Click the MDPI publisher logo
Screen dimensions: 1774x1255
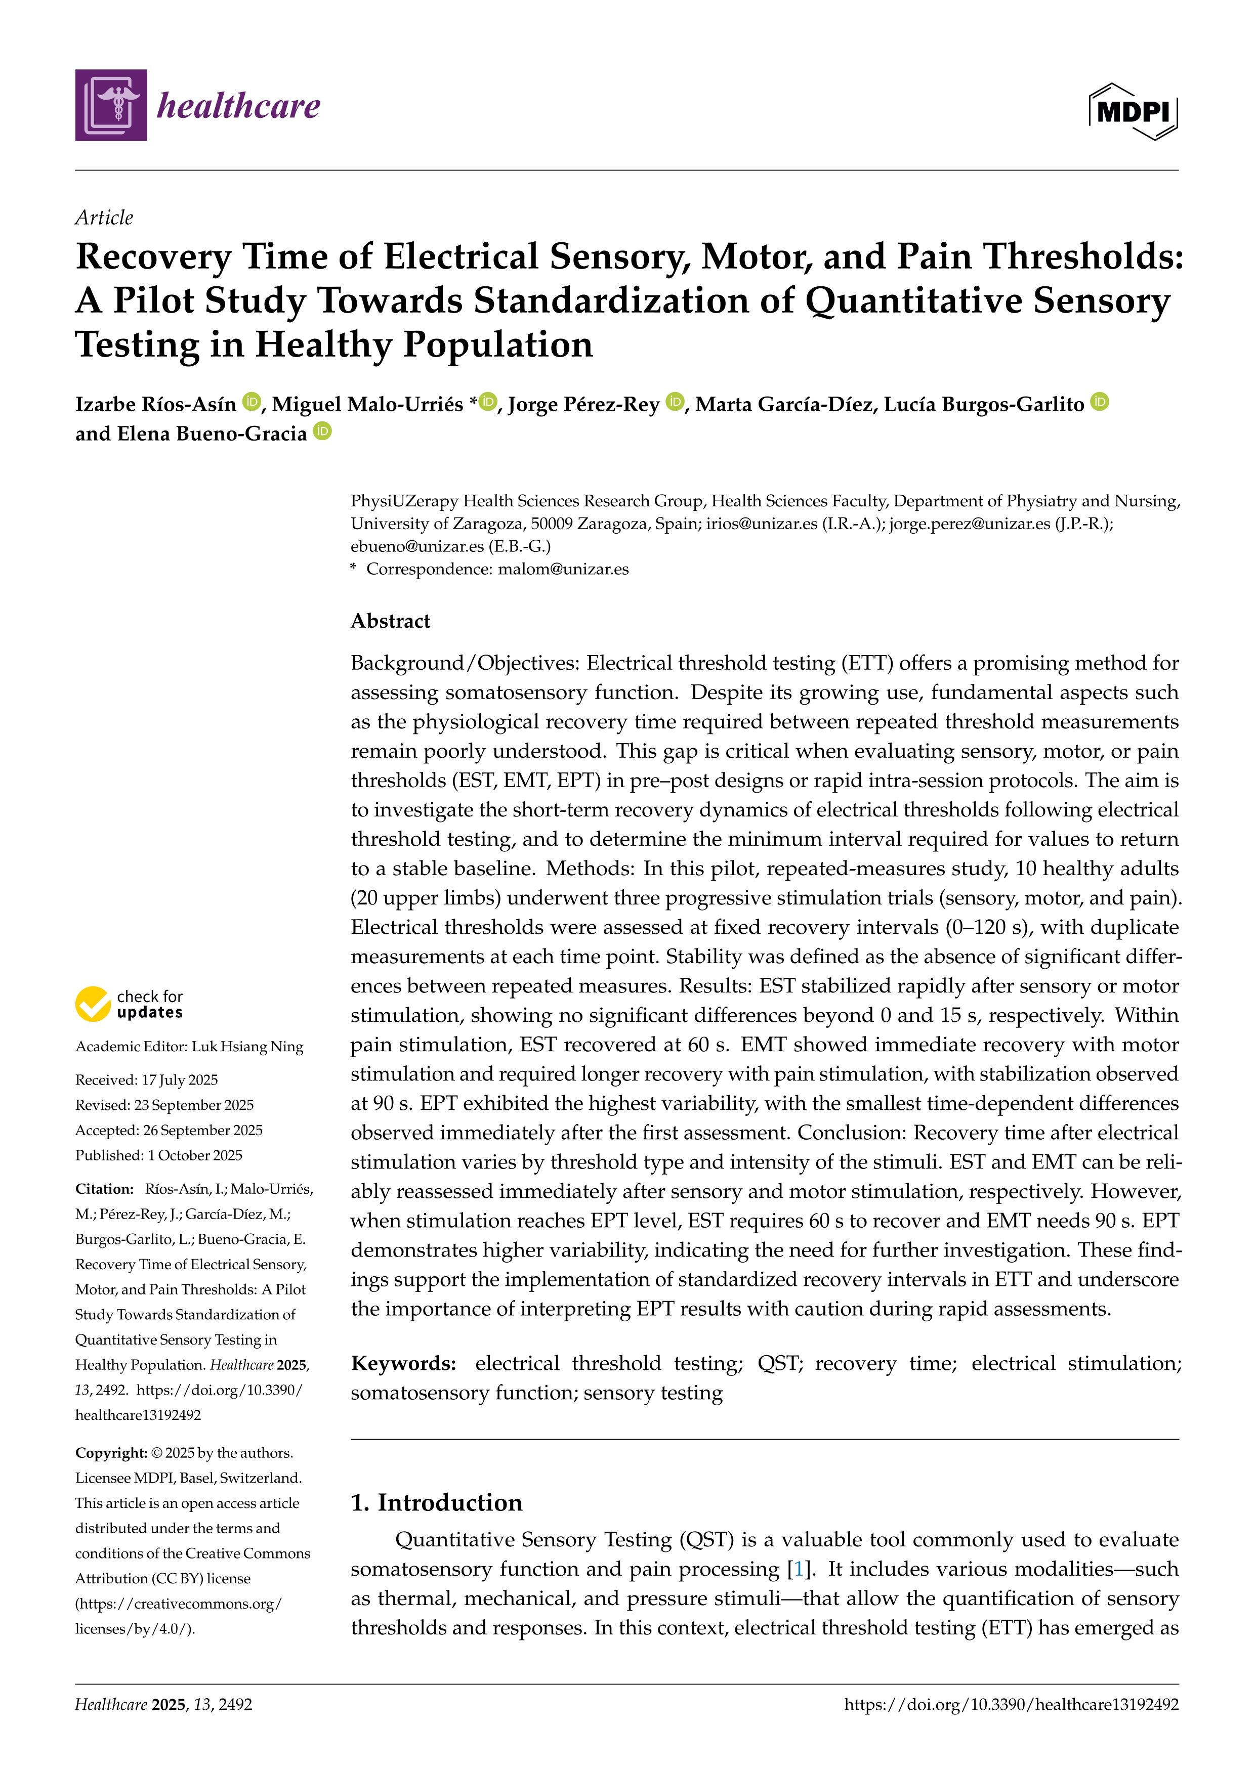(1133, 112)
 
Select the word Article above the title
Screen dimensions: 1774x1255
(104, 218)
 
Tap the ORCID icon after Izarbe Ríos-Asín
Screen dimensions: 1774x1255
(251, 402)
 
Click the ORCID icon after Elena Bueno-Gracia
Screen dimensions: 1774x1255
(322, 431)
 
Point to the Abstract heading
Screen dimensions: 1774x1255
(390, 621)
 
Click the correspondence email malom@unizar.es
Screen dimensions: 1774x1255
(563, 570)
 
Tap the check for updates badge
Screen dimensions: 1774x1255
(129, 1004)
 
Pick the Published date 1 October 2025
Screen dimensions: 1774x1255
(195, 1155)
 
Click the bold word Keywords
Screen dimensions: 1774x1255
(403, 1363)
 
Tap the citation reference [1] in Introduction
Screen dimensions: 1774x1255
(798, 1569)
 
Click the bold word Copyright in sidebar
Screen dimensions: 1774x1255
(110, 1453)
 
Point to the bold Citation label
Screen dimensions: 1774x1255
(104, 1189)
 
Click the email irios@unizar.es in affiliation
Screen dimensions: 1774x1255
(761, 524)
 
